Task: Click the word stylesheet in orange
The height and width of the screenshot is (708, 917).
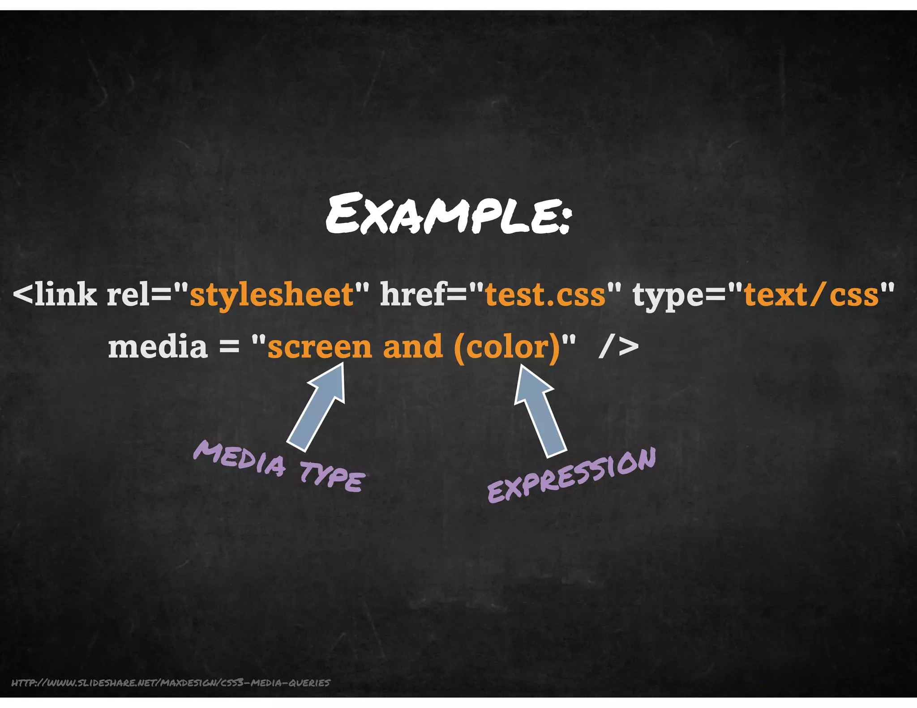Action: pyautogui.click(x=272, y=295)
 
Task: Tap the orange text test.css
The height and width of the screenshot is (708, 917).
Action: pyautogui.click(x=545, y=295)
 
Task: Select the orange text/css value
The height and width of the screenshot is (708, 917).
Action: pyautogui.click(x=811, y=295)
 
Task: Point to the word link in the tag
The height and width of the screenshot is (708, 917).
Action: pyautogui.click(x=65, y=295)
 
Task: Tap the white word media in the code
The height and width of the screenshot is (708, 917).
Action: pyautogui.click(x=158, y=347)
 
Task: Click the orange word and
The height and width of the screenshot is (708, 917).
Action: pyautogui.click(x=413, y=347)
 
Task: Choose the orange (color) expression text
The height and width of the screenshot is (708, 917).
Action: pyautogui.click(x=507, y=347)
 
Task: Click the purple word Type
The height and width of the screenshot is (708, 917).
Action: pyautogui.click(x=332, y=478)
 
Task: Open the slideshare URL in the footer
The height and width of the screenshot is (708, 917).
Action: pyautogui.click(x=171, y=682)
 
